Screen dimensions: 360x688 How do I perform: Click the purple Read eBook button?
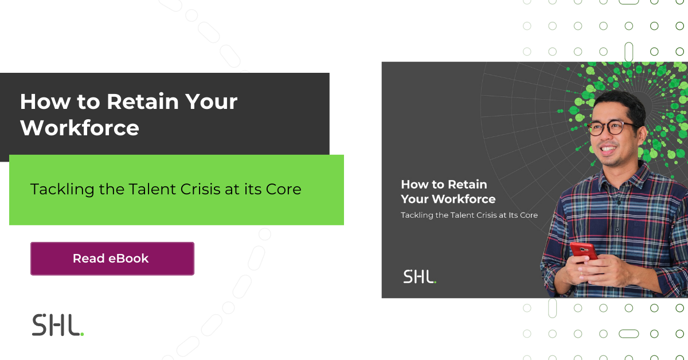112,259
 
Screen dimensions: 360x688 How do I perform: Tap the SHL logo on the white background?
58,324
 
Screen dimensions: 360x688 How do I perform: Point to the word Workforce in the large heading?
79,128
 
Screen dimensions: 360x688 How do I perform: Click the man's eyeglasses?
611,127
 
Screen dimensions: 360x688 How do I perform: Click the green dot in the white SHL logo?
82,334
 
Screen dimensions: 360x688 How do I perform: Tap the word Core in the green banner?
283,189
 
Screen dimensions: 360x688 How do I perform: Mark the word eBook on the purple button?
128,259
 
